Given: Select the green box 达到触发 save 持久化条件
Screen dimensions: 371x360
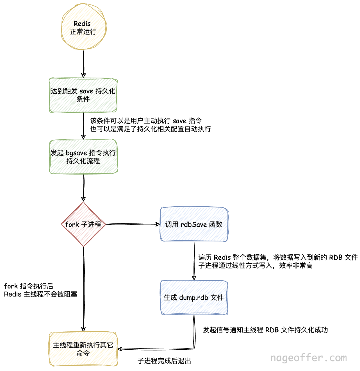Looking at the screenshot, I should point(83,95).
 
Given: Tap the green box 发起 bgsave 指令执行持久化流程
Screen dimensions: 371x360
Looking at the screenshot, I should point(83,157).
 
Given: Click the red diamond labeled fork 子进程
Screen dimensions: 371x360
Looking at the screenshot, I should point(83,224).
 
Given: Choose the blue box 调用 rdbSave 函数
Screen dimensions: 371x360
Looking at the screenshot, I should point(194,224).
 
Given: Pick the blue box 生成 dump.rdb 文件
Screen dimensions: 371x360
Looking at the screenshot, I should point(194,297).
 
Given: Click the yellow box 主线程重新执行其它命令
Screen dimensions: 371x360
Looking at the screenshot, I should point(83,349).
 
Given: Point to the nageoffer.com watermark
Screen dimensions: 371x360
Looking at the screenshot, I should point(308,358).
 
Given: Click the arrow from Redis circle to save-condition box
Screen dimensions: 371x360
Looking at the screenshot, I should point(83,64).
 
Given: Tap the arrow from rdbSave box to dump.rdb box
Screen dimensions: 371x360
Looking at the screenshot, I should point(194,260).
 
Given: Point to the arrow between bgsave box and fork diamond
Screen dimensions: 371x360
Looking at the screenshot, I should point(84,187).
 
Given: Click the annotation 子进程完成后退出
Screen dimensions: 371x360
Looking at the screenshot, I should point(164,361).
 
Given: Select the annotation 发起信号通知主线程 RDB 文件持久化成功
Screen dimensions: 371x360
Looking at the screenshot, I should point(265,330).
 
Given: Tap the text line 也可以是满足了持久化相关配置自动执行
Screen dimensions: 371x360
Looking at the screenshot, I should point(150,129).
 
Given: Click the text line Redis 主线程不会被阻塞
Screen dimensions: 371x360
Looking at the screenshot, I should point(41,294).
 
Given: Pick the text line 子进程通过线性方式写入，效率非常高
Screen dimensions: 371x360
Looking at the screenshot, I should point(255,266).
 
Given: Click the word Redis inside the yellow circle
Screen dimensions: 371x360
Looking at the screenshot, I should point(82,24).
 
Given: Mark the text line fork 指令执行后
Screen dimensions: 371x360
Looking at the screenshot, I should point(29,286).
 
